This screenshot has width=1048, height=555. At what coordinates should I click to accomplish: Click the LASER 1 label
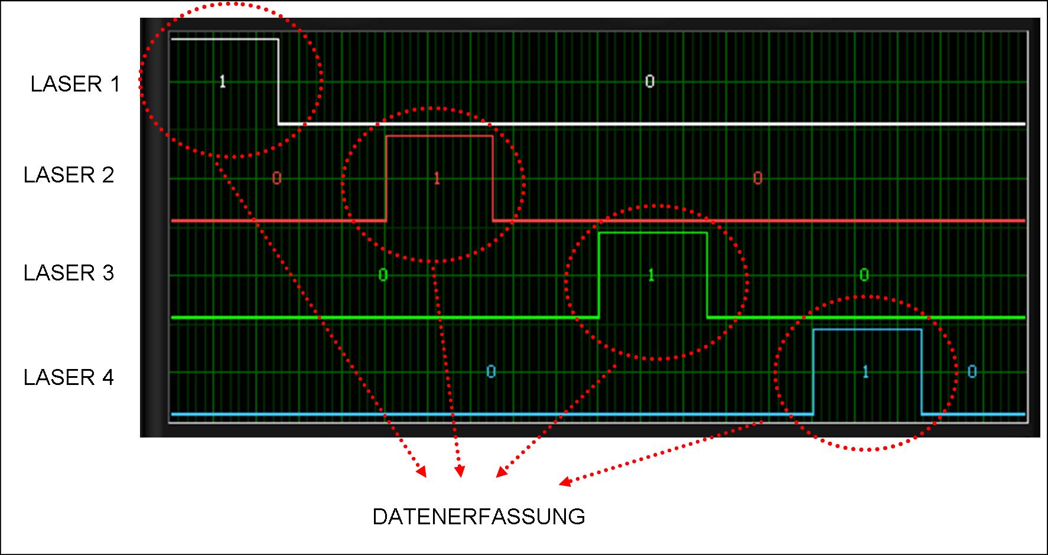point(75,84)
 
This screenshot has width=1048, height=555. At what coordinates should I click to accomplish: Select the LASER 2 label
point(69,175)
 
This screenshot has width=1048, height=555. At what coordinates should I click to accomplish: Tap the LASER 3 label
point(69,273)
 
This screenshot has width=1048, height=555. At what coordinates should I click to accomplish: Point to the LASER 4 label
point(69,377)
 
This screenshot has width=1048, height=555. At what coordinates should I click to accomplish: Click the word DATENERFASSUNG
point(479,517)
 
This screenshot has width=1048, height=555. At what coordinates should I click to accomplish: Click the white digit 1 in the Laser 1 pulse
point(223,81)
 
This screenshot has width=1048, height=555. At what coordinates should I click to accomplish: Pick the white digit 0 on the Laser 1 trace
point(650,81)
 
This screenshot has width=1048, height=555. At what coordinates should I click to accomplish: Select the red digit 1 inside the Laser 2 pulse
point(437,178)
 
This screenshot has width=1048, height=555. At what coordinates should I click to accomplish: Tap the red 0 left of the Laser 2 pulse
point(276,178)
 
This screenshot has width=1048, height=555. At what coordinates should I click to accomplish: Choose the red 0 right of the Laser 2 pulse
point(758,178)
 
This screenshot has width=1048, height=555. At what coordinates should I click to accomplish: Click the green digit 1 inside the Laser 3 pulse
point(652,275)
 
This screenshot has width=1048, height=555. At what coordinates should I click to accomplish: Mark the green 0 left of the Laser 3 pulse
point(383,275)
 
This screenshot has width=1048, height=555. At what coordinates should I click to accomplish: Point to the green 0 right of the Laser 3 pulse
point(864,275)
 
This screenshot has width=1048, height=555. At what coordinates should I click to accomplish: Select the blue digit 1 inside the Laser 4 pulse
point(866,372)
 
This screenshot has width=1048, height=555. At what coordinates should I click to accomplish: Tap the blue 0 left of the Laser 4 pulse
point(491,372)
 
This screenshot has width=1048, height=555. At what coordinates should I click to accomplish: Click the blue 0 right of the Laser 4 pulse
point(972,372)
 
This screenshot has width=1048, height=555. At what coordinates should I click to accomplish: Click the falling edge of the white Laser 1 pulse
point(278,81)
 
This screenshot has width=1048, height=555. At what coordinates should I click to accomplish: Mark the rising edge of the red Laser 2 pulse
point(386,178)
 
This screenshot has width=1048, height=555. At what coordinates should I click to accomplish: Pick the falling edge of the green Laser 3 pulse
point(707,275)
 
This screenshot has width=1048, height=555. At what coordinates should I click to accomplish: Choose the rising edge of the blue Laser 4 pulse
point(813,372)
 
